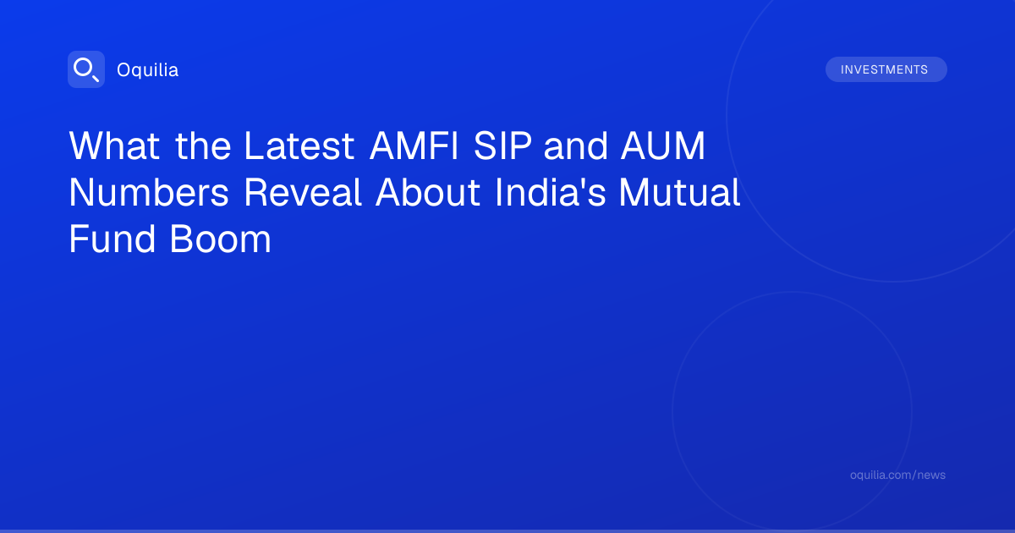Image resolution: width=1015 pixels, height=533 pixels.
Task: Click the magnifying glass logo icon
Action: coord(86,69)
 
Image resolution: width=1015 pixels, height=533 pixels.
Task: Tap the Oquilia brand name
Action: coord(148,69)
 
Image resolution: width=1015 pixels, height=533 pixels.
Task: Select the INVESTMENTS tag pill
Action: coord(886,69)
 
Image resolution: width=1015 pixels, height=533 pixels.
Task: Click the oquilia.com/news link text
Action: coord(897,475)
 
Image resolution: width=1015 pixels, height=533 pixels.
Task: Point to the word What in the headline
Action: coord(114,146)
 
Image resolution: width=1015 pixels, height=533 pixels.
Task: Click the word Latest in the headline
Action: coord(299,146)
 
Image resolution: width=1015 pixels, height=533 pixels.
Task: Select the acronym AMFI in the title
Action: coord(414,146)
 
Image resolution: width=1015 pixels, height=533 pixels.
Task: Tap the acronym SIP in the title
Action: coord(502,146)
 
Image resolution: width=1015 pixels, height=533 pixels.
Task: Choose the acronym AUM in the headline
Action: coord(663,146)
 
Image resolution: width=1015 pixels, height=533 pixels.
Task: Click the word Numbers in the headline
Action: coord(149,192)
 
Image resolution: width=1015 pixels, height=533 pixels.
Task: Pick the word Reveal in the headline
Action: coord(303,192)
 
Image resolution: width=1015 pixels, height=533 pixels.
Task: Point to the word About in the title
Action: coord(428,192)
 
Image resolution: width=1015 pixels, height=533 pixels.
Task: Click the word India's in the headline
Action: coord(550,192)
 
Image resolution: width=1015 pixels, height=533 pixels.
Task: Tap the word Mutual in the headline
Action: coord(680,192)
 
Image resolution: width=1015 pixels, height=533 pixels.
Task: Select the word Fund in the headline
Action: coord(112,239)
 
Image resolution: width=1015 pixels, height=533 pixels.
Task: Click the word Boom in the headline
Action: coord(221,239)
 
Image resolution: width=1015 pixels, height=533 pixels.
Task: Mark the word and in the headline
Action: coord(575,146)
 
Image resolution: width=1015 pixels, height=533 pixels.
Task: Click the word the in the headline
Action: coord(203,146)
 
